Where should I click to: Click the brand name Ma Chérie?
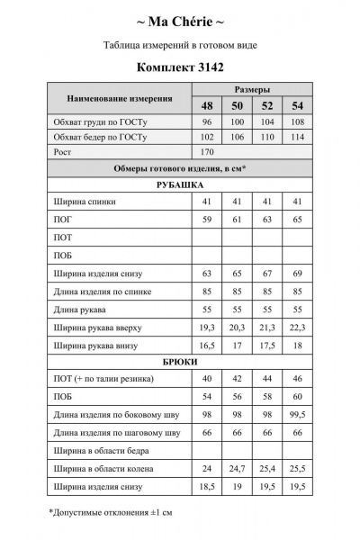coord(180,20)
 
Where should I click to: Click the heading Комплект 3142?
coord(180,66)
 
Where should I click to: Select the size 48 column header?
coord(206,106)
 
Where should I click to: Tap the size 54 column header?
coord(298,106)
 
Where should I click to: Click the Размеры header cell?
coord(252,90)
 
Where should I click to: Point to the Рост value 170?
coord(206,152)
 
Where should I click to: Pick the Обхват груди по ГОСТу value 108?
coord(298,121)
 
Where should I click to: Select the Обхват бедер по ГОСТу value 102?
coord(206,137)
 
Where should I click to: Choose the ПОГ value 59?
coord(206,219)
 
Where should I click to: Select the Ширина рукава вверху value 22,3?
coord(298,328)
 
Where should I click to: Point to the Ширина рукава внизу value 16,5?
coord(206,345)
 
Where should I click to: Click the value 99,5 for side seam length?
coord(298,414)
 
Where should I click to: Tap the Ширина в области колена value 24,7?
coord(238,468)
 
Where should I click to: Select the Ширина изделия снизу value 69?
coord(298,273)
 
